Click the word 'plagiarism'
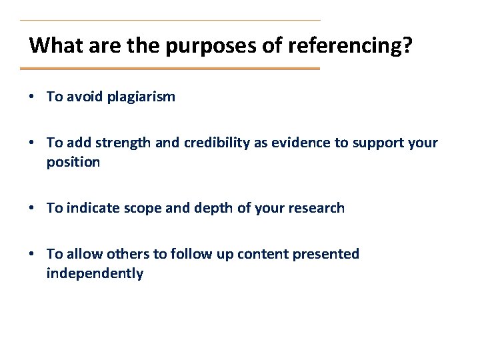click(x=143, y=97)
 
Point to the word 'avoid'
click(x=85, y=97)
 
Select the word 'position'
click(x=73, y=163)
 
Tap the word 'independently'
click(x=95, y=274)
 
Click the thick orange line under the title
click(x=170, y=69)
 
